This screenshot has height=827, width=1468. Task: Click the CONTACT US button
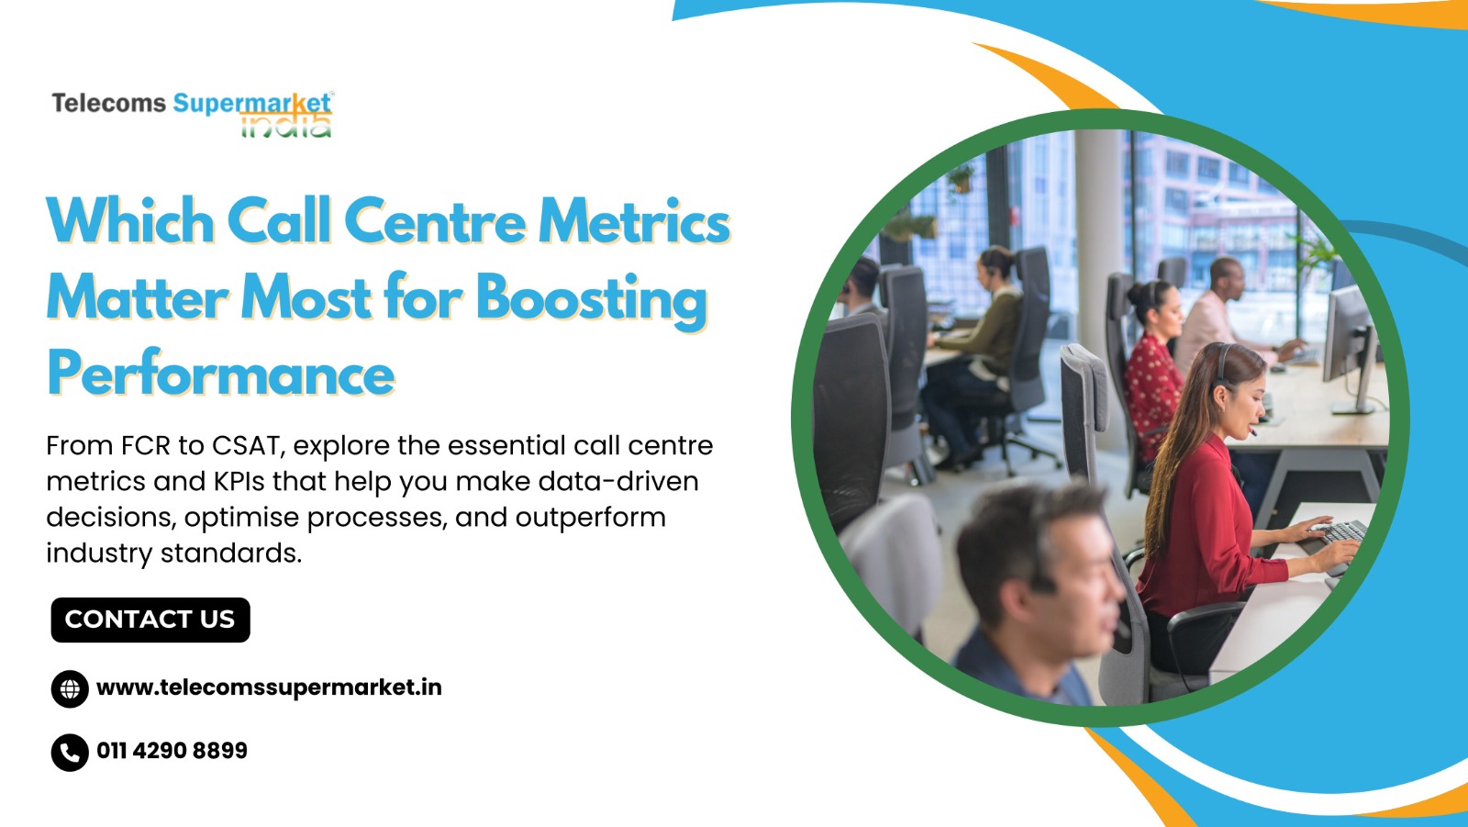150,620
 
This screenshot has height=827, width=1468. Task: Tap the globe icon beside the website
70,688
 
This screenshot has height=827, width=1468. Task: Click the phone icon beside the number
70,753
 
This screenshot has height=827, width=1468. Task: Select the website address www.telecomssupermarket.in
269,687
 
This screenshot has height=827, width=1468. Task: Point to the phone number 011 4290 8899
172,750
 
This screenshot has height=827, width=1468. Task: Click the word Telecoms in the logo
109,104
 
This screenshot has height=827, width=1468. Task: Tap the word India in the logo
285,125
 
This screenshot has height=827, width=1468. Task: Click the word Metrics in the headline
634,222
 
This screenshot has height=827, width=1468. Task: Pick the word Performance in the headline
221,374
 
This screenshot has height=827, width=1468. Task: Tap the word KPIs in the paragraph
239,482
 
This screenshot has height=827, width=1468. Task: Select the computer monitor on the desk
1349,348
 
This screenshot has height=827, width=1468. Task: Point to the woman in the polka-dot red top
1152,367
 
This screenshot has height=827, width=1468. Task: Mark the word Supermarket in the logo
252,104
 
